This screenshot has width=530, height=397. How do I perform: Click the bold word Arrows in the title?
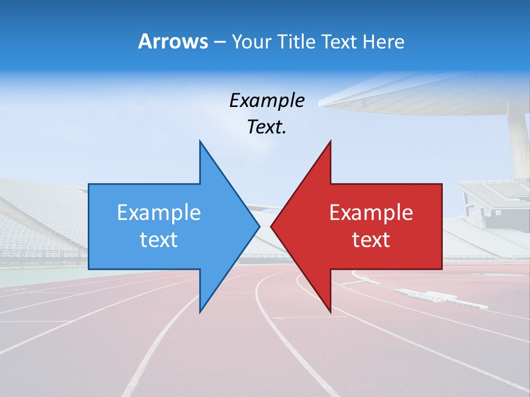(172, 41)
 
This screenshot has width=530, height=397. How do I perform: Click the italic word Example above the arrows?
(267, 100)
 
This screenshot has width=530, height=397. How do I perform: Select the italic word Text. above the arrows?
(267, 127)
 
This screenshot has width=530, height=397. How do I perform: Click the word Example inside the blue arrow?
(159, 212)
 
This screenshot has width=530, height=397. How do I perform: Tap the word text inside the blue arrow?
(159, 240)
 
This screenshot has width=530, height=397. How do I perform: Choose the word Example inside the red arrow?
(371, 212)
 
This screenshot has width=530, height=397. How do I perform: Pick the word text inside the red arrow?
(371, 240)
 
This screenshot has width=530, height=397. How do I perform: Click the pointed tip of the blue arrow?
(259, 226)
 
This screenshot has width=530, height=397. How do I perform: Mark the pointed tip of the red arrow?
(271, 226)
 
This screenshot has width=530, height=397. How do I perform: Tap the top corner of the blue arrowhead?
(200, 141)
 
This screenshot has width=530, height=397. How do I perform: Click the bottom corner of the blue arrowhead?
(200, 312)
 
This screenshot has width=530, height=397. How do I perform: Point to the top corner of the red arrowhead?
(330, 141)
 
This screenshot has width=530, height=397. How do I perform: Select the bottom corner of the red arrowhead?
(330, 312)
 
